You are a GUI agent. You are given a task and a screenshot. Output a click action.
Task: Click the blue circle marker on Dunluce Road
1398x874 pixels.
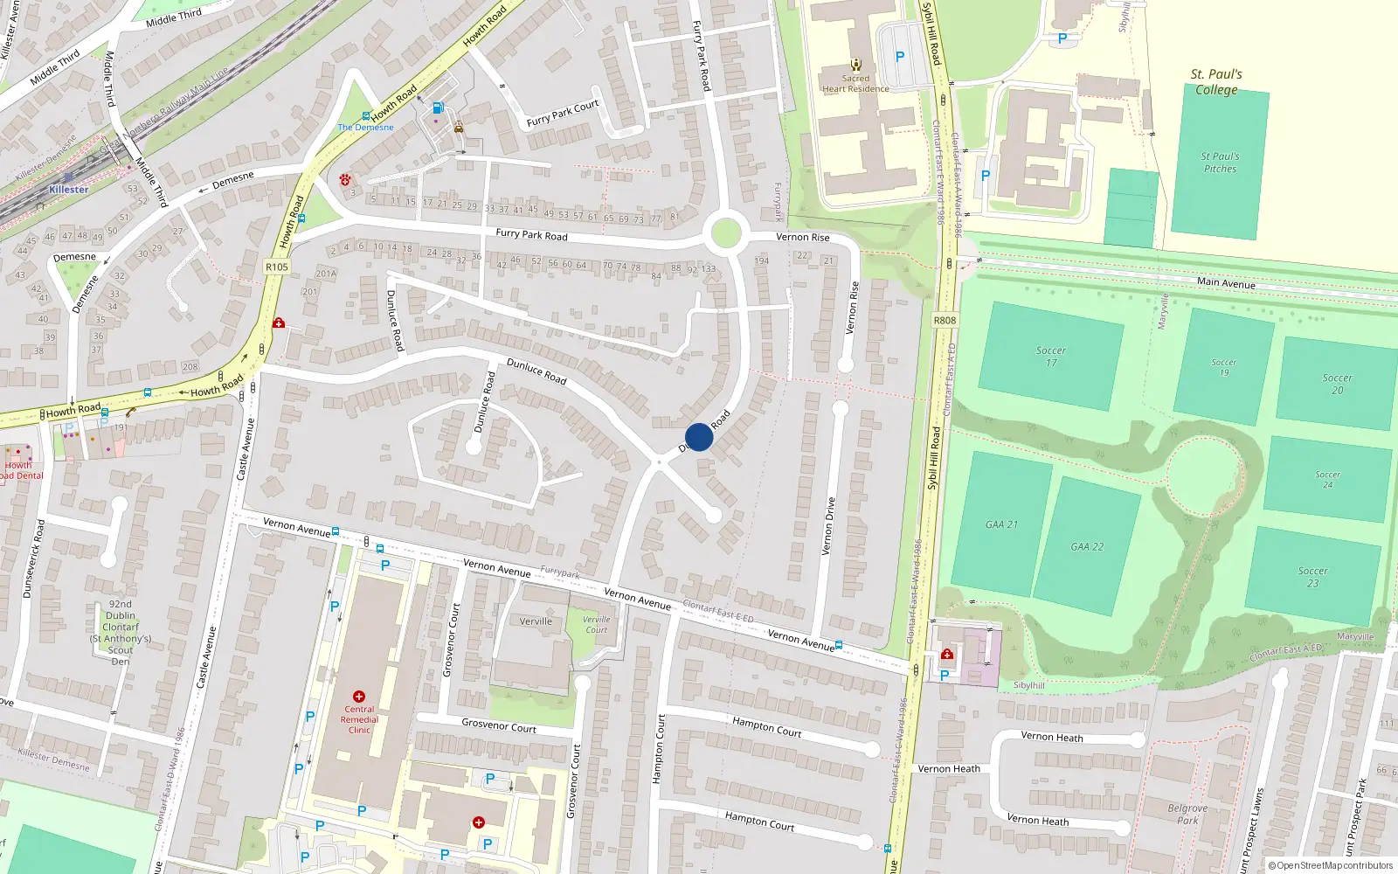pos(699,437)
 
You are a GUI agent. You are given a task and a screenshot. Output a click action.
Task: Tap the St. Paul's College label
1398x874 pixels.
pos(1216,82)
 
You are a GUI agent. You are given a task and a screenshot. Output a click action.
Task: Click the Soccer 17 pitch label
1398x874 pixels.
pos(1051,357)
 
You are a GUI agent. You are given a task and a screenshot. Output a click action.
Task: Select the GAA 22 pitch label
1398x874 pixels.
pos(1087,547)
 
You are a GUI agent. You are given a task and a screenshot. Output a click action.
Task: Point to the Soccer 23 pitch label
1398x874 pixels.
pos(1312,577)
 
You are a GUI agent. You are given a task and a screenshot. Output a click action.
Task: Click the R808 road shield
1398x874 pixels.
pos(945,321)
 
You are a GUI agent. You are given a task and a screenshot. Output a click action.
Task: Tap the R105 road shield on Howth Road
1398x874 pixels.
pos(277,267)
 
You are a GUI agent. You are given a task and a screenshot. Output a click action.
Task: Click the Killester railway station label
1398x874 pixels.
pos(69,190)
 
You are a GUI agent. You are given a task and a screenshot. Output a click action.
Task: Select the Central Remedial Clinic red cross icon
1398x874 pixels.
pos(359,697)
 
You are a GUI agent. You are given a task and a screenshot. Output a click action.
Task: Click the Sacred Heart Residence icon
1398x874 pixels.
pos(855,65)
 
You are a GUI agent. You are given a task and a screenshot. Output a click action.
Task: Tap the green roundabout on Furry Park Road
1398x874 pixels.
pos(726,234)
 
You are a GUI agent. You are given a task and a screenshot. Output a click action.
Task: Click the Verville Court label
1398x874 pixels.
pos(597,624)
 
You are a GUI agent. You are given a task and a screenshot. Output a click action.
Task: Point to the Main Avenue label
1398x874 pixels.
pos(1226,283)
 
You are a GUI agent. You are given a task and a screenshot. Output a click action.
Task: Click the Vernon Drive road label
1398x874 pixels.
pos(828,526)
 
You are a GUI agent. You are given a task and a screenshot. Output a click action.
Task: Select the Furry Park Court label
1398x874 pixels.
pos(563,114)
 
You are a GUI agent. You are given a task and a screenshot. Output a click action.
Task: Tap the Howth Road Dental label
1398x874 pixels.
pos(19,470)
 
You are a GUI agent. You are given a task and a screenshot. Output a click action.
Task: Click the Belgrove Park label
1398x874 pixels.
pos(1187,814)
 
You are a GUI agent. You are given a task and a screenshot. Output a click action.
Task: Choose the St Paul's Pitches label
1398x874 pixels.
pos(1220,163)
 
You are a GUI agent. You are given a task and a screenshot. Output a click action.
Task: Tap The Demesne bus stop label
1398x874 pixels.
pos(366,128)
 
